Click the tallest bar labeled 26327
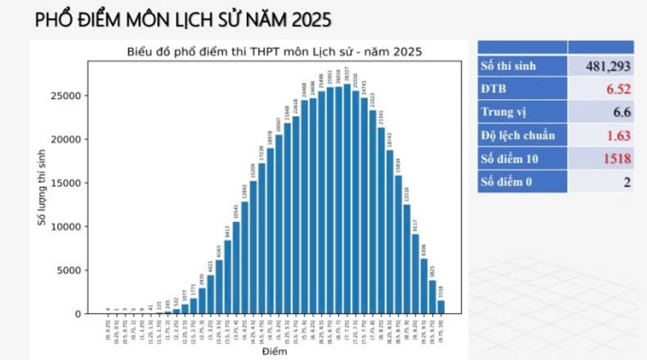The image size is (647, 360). [x=347, y=198]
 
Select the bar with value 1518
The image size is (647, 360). [x=441, y=306]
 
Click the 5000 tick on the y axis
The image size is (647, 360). [x=71, y=270]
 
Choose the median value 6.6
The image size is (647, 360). [x=621, y=112]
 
